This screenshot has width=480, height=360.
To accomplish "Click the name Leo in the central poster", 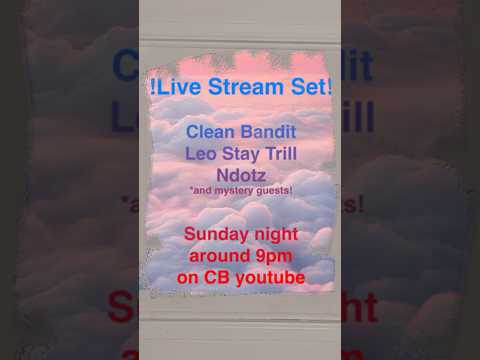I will tap(200, 154).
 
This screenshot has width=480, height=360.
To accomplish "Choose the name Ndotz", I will tap(240, 175).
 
